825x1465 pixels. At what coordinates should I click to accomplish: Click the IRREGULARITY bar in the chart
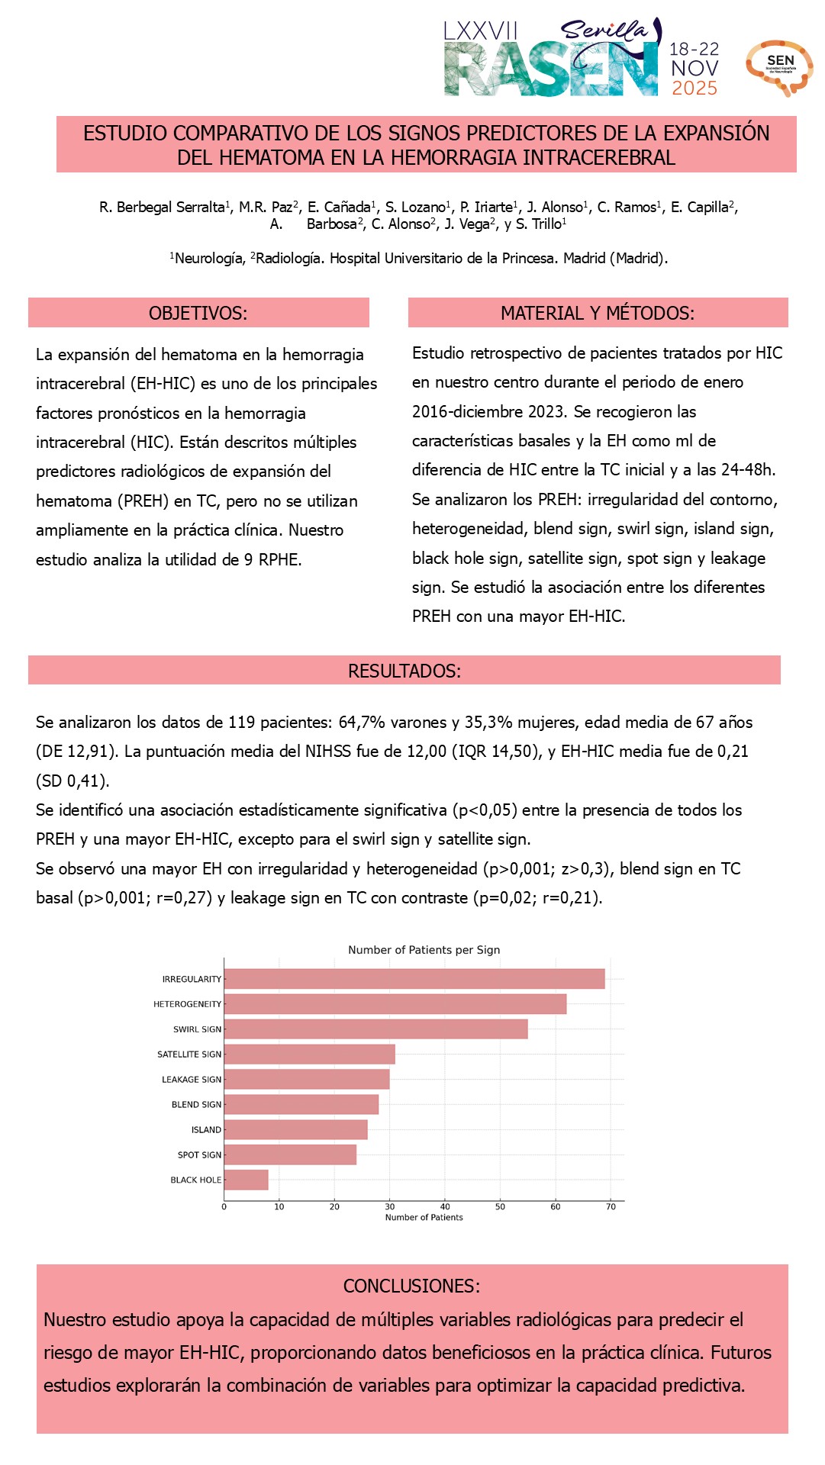[x=414, y=979]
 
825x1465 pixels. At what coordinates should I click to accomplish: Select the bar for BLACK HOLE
[x=247, y=1180]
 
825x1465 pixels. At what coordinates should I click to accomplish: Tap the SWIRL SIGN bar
[x=375, y=1029]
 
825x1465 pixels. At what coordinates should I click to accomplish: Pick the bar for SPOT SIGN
[x=290, y=1154]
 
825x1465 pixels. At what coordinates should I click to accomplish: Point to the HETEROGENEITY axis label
[x=187, y=1004]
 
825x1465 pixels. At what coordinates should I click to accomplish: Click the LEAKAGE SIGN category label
[x=191, y=1080]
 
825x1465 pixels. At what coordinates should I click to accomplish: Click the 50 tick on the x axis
[x=500, y=1206]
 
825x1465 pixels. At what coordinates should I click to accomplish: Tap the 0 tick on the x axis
[x=224, y=1206]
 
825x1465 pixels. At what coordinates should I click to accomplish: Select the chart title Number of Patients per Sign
[x=424, y=950]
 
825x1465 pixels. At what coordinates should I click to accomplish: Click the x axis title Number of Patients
[x=424, y=1217]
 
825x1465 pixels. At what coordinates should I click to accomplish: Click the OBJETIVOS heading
[x=198, y=313]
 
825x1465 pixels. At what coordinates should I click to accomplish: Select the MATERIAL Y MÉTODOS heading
[x=598, y=313]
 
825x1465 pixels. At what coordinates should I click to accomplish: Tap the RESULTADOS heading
[x=404, y=671]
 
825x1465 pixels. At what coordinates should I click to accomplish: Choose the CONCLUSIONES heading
[x=411, y=1286]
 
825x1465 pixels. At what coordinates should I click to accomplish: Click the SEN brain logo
[x=779, y=67]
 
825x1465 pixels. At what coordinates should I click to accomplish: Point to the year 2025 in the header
[x=694, y=89]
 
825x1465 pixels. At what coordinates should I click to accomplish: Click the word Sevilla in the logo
[x=604, y=31]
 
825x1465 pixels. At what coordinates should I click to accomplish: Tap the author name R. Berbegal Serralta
[x=163, y=207]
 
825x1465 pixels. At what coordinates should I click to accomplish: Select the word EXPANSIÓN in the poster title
[x=716, y=133]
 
